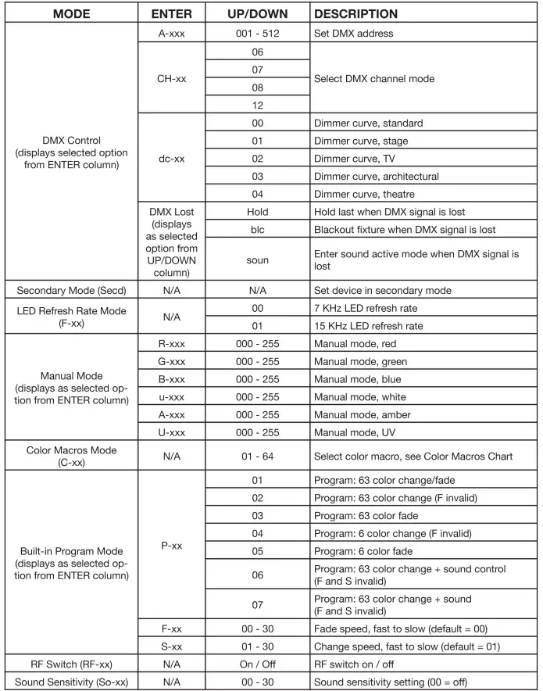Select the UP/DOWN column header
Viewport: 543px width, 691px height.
(x=258, y=14)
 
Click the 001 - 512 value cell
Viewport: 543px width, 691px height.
(x=258, y=34)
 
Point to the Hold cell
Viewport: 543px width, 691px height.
(x=258, y=212)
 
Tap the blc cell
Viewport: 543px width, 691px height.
(x=258, y=230)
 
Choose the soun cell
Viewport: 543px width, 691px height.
(x=258, y=260)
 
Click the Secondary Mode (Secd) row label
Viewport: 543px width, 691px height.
(x=71, y=290)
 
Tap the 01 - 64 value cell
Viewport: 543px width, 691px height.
(x=258, y=456)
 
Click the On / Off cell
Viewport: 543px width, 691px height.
(x=258, y=664)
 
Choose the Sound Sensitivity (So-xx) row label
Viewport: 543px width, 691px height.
(x=71, y=682)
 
